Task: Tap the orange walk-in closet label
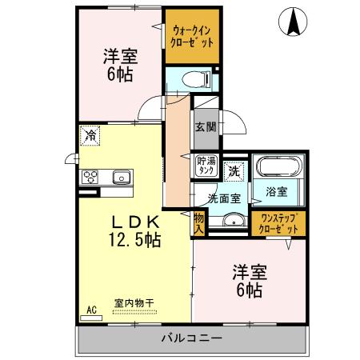coord(193,36)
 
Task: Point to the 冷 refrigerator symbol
coord(91,136)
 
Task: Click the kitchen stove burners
coord(90,177)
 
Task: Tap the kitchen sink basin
coord(122,177)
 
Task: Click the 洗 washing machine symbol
coord(234,170)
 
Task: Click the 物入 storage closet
coord(198,223)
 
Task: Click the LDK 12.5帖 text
coord(134,230)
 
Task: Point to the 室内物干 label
coord(133,302)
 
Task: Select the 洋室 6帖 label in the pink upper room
coord(119,64)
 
